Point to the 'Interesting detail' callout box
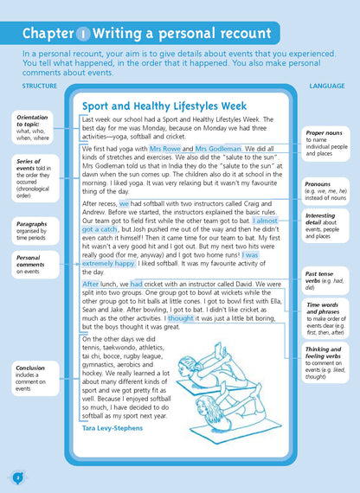click(328, 226)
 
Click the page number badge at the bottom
click(17, 476)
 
